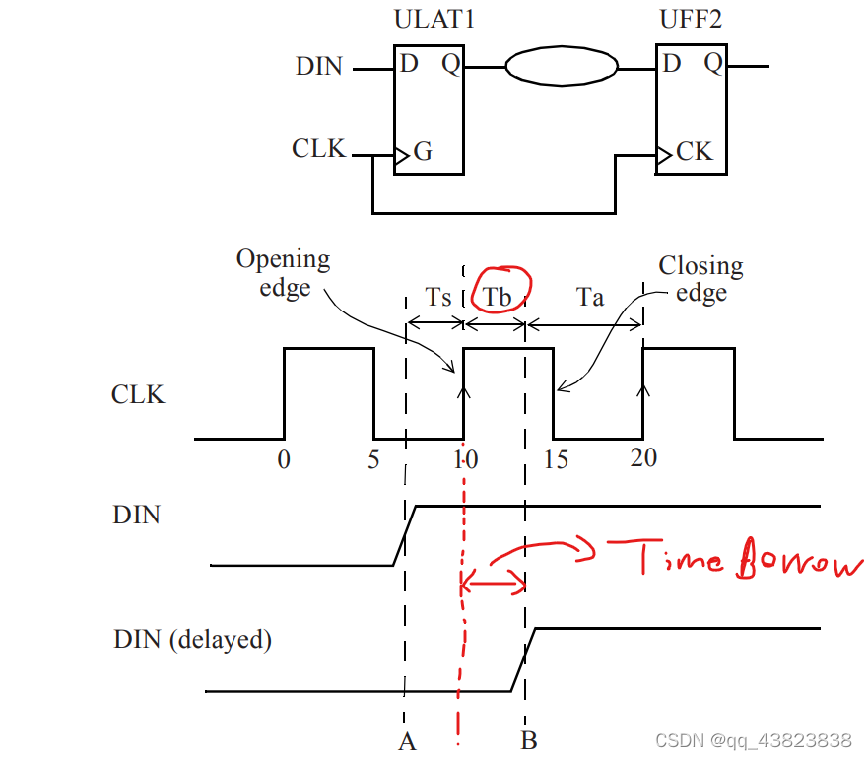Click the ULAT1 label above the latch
pyautogui.click(x=433, y=19)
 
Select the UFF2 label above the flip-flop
pyautogui.click(x=692, y=19)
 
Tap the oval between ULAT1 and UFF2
pyautogui.click(x=562, y=67)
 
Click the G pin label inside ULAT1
pyautogui.click(x=423, y=152)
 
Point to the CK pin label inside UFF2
pyautogui.click(x=694, y=152)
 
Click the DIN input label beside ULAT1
pyautogui.click(x=319, y=67)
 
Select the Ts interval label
pyautogui.click(x=439, y=297)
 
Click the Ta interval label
pyautogui.click(x=590, y=297)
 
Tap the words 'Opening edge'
pyautogui.click(x=284, y=273)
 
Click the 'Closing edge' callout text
pyautogui.click(x=700, y=279)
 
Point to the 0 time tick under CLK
pyautogui.click(x=284, y=459)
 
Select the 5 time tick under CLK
pyautogui.click(x=372, y=459)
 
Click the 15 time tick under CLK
pyautogui.click(x=556, y=460)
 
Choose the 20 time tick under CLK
pyautogui.click(x=643, y=458)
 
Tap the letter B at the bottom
pyautogui.click(x=528, y=741)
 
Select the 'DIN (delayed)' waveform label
pyautogui.click(x=192, y=639)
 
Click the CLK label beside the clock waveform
pyautogui.click(x=138, y=395)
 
